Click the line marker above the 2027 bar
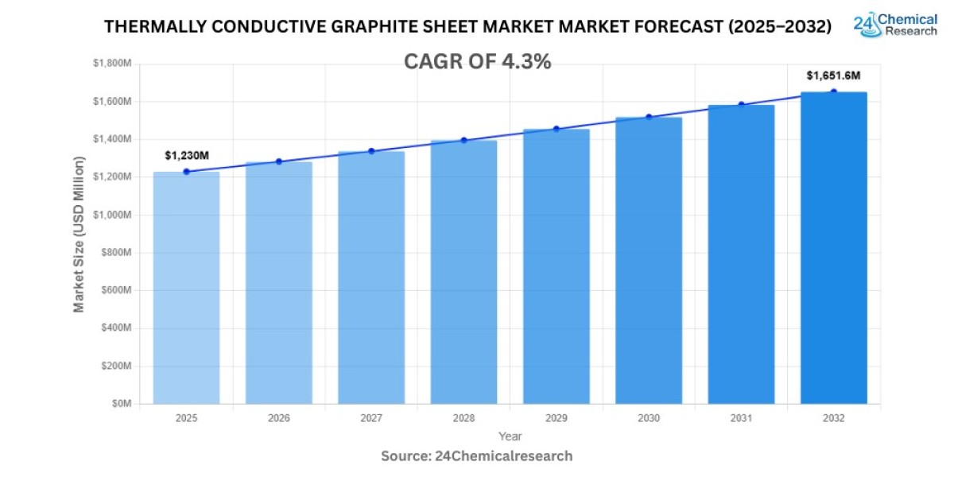tap(371, 151)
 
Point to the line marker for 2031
tap(741, 104)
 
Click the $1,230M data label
tap(186, 156)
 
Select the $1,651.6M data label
tap(833, 76)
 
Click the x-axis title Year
tap(510, 436)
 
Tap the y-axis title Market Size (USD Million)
tap(79, 234)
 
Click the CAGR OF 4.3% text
tap(477, 62)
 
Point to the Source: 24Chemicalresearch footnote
tap(477, 456)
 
